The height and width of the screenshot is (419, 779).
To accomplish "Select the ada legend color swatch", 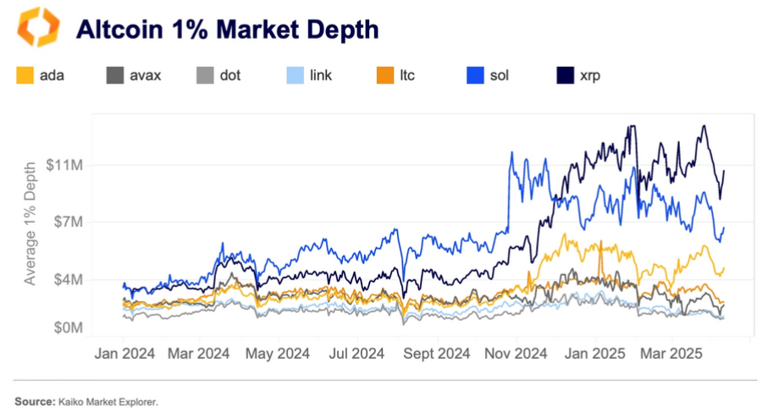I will point(25,76).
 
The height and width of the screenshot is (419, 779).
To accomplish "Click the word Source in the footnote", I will point(32,400).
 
